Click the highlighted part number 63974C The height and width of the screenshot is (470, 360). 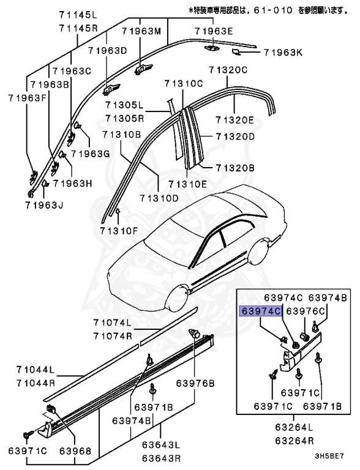(x=261, y=311)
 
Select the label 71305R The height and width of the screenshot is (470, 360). (x=124, y=117)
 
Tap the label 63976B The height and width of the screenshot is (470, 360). (x=195, y=384)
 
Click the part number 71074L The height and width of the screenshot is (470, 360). (x=113, y=323)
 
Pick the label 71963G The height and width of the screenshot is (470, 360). (x=89, y=154)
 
